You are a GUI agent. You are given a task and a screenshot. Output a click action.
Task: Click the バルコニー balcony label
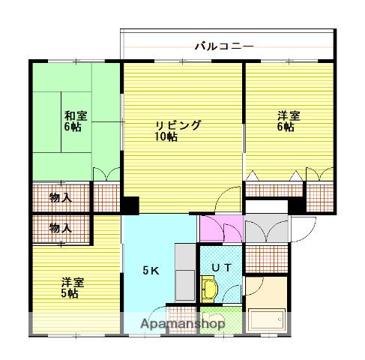coord(224,46)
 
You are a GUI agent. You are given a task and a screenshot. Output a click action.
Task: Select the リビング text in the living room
coord(178,125)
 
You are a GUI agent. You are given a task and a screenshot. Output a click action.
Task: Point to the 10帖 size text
coord(166,137)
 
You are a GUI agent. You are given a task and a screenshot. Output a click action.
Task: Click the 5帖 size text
coord(71,293)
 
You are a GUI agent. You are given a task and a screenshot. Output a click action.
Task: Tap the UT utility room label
coord(220,266)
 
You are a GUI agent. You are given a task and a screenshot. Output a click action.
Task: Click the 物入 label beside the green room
coord(60,198)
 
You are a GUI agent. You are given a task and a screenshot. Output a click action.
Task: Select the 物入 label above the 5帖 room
coord(60,226)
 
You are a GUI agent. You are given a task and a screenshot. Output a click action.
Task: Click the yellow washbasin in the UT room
coord(209,289)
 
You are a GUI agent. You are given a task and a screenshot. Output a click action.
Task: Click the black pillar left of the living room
coord(130,205)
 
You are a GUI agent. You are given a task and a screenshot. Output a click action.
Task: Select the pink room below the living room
coord(220,228)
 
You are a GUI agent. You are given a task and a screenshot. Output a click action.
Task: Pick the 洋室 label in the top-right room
coord(287,115)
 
